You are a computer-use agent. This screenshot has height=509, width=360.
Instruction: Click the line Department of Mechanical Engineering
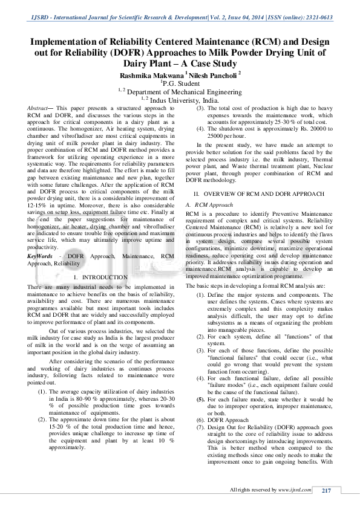183,92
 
